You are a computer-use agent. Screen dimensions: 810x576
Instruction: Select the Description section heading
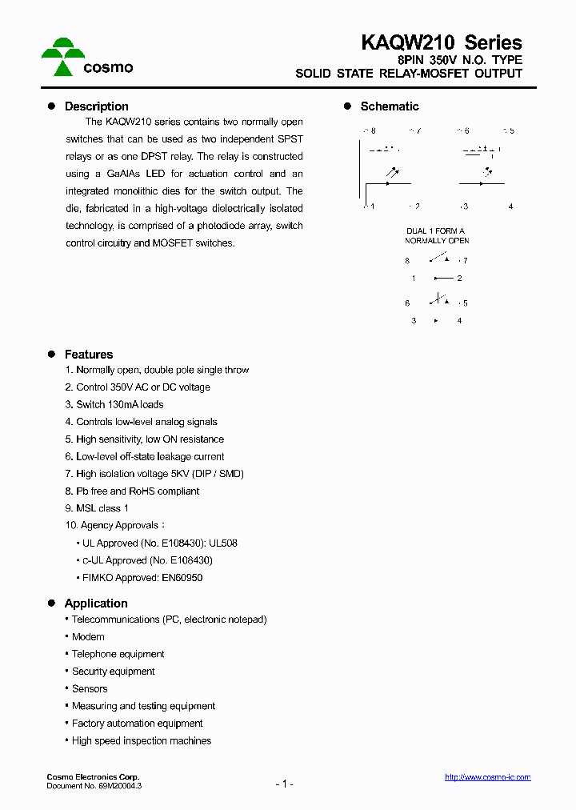pos(96,106)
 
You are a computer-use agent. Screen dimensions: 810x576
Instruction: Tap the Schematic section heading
pos(389,106)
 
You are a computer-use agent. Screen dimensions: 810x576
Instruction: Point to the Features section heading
pos(88,355)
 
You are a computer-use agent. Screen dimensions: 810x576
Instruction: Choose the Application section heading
pos(96,603)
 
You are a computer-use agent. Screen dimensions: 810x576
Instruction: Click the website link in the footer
pos(487,777)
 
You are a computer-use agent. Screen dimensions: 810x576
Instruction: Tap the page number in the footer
pos(285,784)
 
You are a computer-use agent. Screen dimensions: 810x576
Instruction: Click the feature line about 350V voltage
pos(138,387)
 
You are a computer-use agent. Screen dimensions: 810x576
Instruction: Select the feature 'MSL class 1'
pos(97,508)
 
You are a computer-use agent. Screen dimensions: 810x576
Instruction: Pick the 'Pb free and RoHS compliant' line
pos(132,491)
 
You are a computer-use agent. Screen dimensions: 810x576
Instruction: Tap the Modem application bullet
pos(88,637)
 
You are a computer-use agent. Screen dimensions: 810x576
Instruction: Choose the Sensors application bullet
pos(90,689)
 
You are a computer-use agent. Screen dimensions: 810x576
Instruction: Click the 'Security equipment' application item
pos(113,672)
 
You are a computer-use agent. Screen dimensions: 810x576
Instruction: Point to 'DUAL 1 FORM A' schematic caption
pos(435,231)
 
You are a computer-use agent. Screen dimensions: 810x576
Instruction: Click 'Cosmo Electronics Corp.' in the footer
pos(93,777)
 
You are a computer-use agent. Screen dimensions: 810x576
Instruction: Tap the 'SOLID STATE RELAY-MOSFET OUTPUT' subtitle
pos(409,74)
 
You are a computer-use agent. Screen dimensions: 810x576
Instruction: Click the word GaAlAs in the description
pos(118,174)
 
